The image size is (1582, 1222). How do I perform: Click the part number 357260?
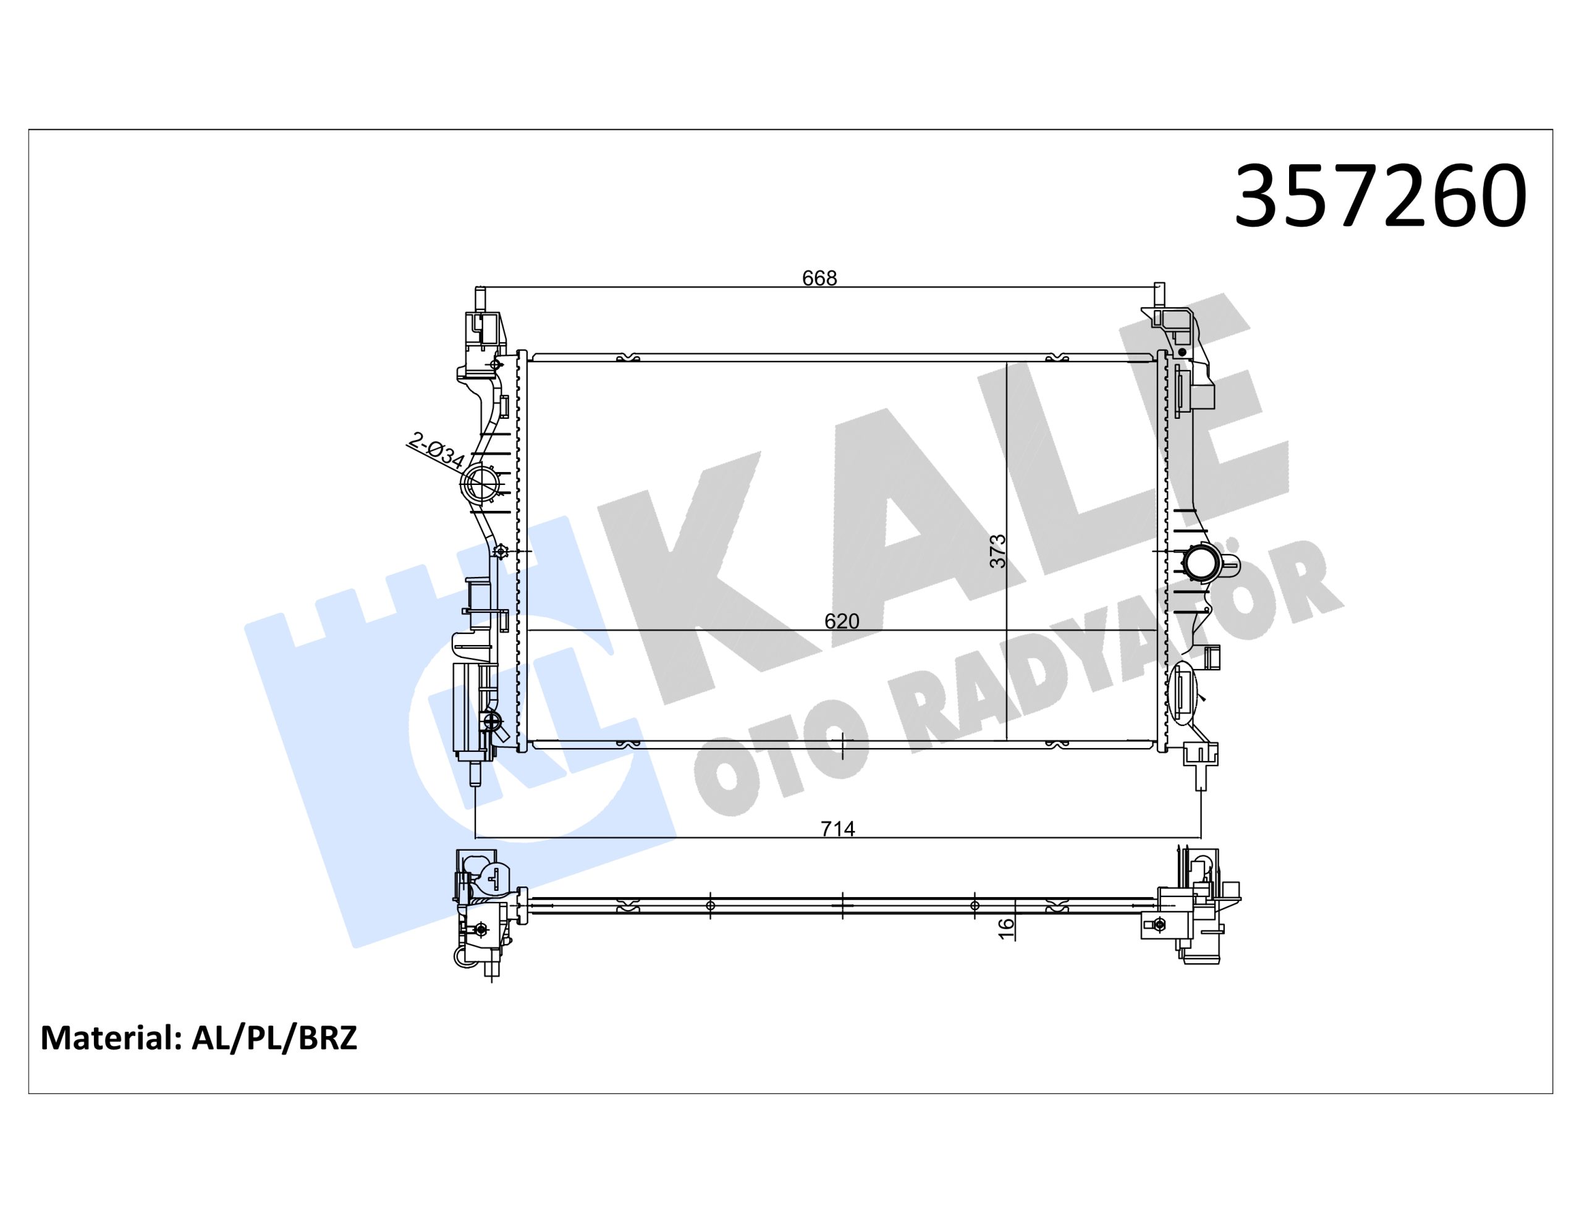tap(1381, 196)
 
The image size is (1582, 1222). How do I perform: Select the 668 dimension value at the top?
tap(819, 278)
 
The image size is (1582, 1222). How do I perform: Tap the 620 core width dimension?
tap(842, 621)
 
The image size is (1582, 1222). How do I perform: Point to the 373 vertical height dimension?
tap(998, 550)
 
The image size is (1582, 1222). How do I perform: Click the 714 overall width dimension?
tap(837, 828)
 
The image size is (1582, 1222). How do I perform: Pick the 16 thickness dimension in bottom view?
tap(1006, 929)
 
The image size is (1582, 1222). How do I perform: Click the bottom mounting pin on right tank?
tap(1200, 778)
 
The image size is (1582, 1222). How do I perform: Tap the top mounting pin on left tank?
tap(479, 298)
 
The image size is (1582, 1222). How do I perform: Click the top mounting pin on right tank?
tap(1159, 295)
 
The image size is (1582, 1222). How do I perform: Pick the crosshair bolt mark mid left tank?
tap(500, 552)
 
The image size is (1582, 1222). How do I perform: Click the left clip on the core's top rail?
tap(627, 357)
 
